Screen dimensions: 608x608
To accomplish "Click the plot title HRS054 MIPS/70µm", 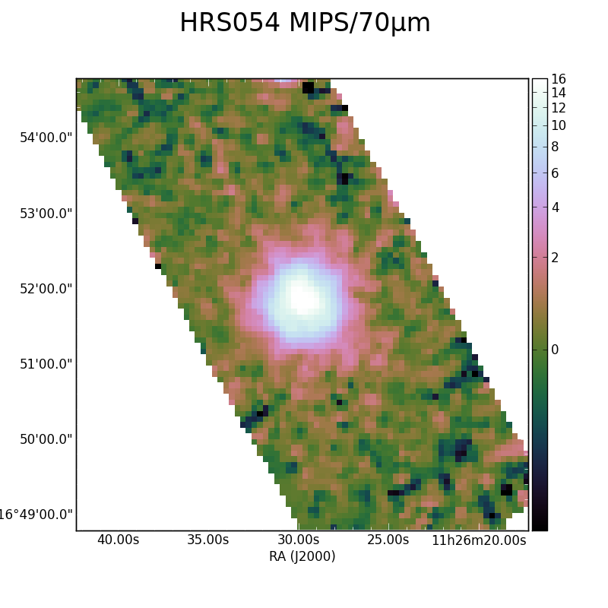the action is (x=305, y=23).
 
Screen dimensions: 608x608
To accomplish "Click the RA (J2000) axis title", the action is (x=302, y=556).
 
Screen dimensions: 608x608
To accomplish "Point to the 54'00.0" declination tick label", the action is (x=46, y=138).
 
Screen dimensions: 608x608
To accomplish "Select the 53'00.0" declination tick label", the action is (x=46, y=214).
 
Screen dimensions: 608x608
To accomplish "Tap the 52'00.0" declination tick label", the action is (x=46, y=289).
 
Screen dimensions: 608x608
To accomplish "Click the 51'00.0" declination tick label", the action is (x=46, y=364).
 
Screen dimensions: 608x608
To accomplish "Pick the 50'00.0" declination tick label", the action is (x=46, y=439).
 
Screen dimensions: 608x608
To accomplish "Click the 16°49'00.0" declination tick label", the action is (x=36, y=515).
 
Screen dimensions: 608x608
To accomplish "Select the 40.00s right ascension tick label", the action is (x=118, y=540).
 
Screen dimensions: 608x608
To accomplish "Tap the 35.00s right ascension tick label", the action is (x=207, y=540).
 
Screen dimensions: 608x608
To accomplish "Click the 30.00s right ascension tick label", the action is (x=298, y=540).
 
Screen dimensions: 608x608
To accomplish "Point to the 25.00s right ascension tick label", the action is (x=388, y=540).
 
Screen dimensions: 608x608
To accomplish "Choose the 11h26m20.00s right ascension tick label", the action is (x=479, y=540).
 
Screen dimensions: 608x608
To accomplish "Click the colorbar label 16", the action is (x=559, y=79).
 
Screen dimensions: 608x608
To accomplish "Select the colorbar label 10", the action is (x=559, y=125).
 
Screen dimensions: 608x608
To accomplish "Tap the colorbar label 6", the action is (x=555, y=173).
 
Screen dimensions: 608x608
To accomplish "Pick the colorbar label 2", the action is (x=555, y=258).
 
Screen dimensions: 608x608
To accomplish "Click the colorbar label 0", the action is (x=555, y=350).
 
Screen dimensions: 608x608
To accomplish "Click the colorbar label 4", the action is (x=555, y=207).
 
